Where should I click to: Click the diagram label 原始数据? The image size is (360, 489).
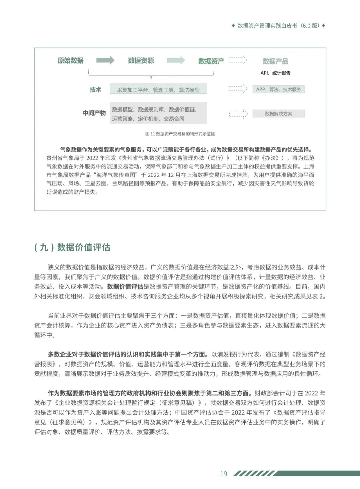(x=71, y=60)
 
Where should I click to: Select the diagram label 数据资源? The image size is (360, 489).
(x=141, y=60)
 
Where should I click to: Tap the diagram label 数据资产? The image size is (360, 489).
(x=211, y=61)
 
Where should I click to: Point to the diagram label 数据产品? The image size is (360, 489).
(x=275, y=61)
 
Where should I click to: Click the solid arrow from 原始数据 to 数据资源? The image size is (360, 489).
(x=105, y=60)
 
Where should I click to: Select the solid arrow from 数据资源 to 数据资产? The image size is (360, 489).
(x=176, y=60)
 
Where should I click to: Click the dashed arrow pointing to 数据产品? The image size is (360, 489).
(x=238, y=60)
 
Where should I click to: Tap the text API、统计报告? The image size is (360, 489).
(x=275, y=73)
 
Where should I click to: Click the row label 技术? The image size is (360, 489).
(x=95, y=89)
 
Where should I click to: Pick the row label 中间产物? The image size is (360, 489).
(x=94, y=113)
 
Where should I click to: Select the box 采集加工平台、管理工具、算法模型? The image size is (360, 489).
(x=158, y=89)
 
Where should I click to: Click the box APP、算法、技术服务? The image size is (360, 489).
(x=278, y=89)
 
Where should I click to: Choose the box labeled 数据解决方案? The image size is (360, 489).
(x=278, y=114)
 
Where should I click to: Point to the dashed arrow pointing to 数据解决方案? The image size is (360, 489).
(x=238, y=114)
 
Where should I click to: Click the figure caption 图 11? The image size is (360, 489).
(x=180, y=134)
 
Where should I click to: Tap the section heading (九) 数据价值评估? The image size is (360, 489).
(x=72, y=247)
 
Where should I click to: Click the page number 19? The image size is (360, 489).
(x=224, y=474)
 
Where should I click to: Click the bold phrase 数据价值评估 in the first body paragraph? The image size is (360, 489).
(x=125, y=287)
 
